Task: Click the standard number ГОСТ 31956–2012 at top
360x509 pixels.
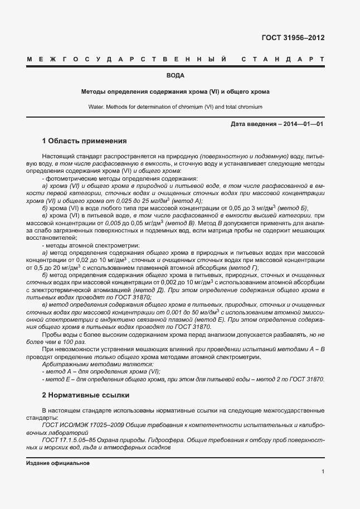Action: point(293,38)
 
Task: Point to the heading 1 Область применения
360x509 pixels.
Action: point(84,140)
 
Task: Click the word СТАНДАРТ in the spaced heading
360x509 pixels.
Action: point(283,59)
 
